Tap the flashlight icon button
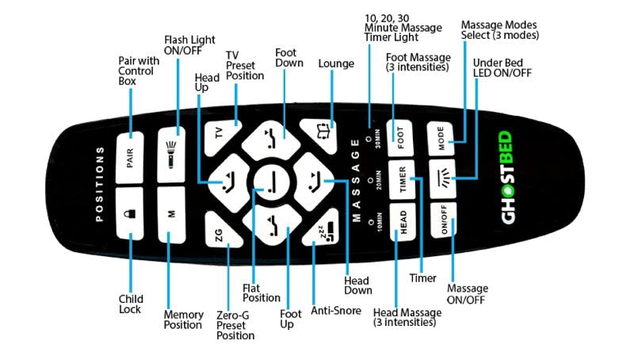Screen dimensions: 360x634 [172, 155]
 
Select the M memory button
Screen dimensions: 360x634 [172, 213]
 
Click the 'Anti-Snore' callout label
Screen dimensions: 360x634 [335, 309]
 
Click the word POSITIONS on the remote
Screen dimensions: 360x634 [98, 184]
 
